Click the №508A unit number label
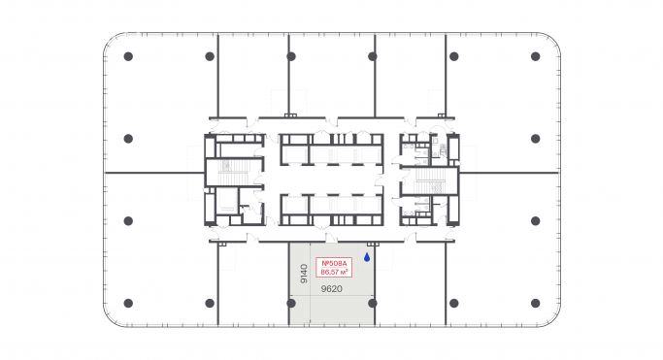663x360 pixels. pyautogui.click(x=332, y=264)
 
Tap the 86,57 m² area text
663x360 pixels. pyautogui.click(x=332, y=272)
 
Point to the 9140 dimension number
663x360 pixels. pyautogui.click(x=304, y=273)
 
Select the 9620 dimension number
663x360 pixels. pyautogui.click(x=332, y=287)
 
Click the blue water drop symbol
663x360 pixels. pyautogui.click(x=366, y=257)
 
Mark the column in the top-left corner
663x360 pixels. pyautogui.click(x=128, y=56)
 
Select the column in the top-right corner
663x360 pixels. pyautogui.click(x=535, y=56)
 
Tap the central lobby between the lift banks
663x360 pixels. pyautogui.click(x=331, y=180)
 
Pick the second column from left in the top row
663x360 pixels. pyautogui.click(x=210, y=56)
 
